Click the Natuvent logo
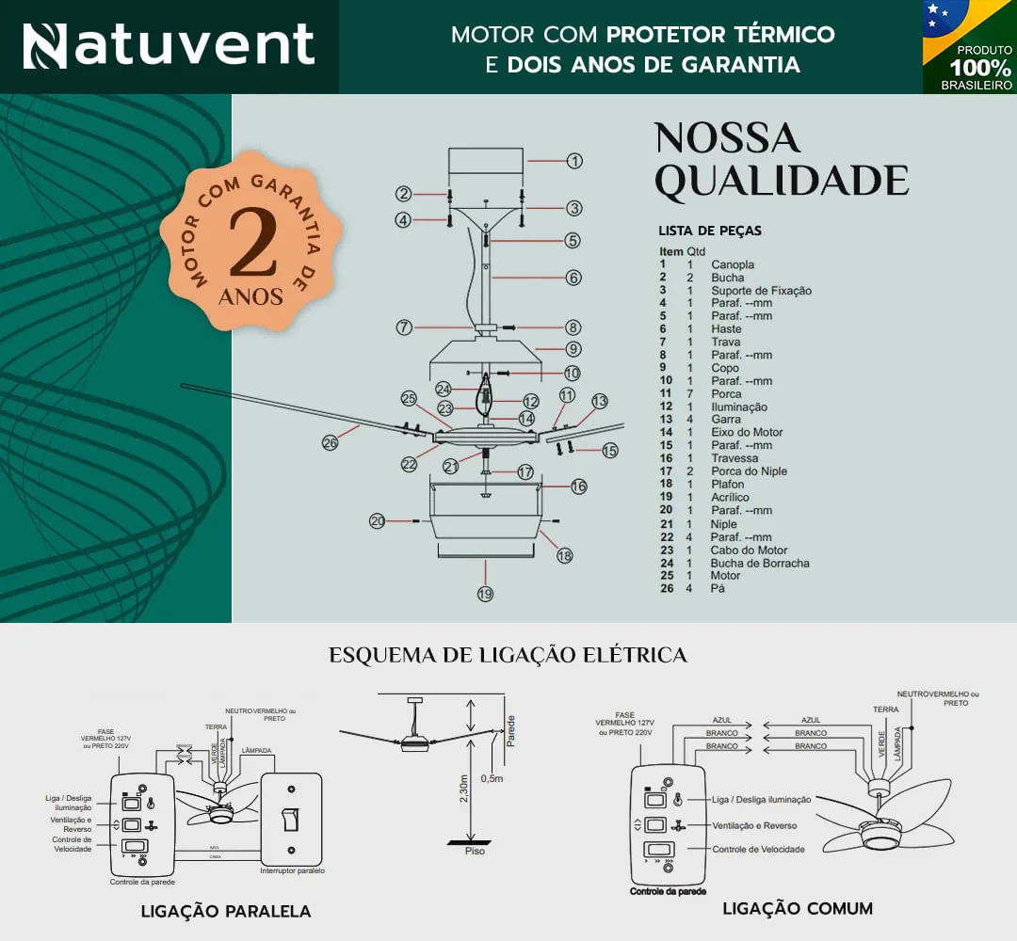(x=169, y=45)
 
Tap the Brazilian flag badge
(x=970, y=47)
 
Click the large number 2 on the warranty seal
(x=251, y=242)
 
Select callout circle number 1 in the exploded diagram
(x=574, y=161)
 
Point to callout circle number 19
(x=485, y=594)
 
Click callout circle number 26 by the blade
(x=330, y=441)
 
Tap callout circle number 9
(x=573, y=349)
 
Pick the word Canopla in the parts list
(x=733, y=264)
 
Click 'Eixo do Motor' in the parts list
(x=747, y=432)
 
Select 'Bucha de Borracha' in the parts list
(x=760, y=563)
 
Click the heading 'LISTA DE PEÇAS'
(x=710, y=231)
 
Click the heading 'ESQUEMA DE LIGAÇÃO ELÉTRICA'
(x=508, y=655)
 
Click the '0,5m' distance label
(x=492, y=779)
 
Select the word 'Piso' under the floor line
(x=476, y=852)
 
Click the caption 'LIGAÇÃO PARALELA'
(x=226, y=911)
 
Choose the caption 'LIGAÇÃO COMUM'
(x=798, y=908)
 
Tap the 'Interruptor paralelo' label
(x=292, y=871)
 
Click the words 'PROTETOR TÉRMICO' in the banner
(x=720, y=35)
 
